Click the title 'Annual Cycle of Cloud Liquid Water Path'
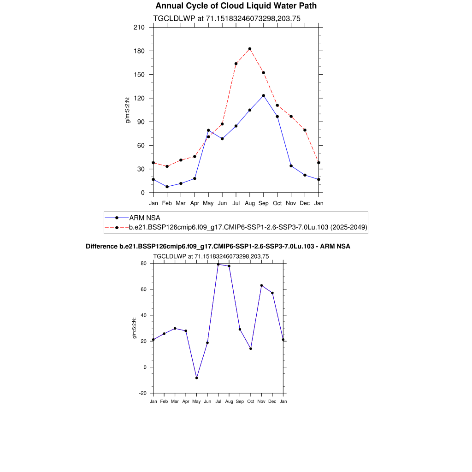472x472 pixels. [236, 6]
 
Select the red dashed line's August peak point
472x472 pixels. [250, 49]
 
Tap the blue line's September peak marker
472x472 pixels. [264, 95]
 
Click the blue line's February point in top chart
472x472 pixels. [167, 187]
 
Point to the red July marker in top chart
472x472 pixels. [236, 64]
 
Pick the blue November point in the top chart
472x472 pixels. [291, 166]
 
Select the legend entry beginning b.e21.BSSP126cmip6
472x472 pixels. [248, 227]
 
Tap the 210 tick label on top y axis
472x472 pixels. [140, 27]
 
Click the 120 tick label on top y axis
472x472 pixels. [140, 98]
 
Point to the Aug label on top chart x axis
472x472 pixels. [250, 203]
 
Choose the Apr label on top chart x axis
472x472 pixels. [195, 203]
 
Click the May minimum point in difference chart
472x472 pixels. [197, 378]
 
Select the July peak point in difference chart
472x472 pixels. [218, 265]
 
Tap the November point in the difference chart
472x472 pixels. [261, 285]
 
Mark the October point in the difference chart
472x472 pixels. [251, 348]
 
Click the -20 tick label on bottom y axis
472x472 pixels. [143, 393]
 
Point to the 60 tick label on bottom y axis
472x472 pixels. [144, 289]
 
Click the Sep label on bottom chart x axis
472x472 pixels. [240, 401]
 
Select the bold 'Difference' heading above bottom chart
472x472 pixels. [218, 247]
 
